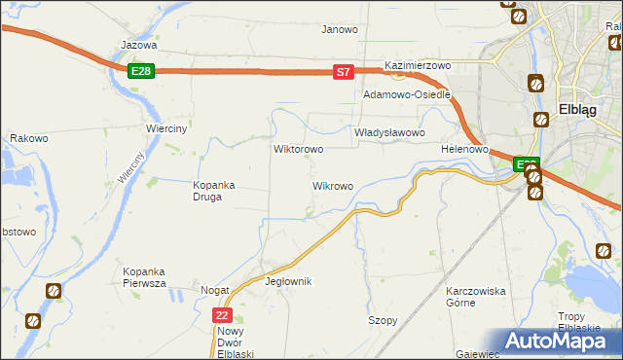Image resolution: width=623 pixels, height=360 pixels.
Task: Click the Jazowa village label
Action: tap(138, 45)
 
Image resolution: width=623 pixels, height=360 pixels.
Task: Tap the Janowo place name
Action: tap(340, 29)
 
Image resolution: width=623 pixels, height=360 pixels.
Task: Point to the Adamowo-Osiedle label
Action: tap(406, 95)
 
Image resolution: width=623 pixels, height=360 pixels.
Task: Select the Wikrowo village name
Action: tap(332, 185)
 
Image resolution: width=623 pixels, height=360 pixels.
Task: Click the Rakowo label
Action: tap(29, 138)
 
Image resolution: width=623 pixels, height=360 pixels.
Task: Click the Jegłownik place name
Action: tap(288, 281)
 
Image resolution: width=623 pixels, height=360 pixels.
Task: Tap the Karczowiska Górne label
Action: tap(475, 297)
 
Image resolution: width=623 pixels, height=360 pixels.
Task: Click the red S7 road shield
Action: tap(343, 71)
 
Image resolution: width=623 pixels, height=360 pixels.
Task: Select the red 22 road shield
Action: tap(223, 315)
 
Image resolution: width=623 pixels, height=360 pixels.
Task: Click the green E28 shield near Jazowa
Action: tap(140, 71)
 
